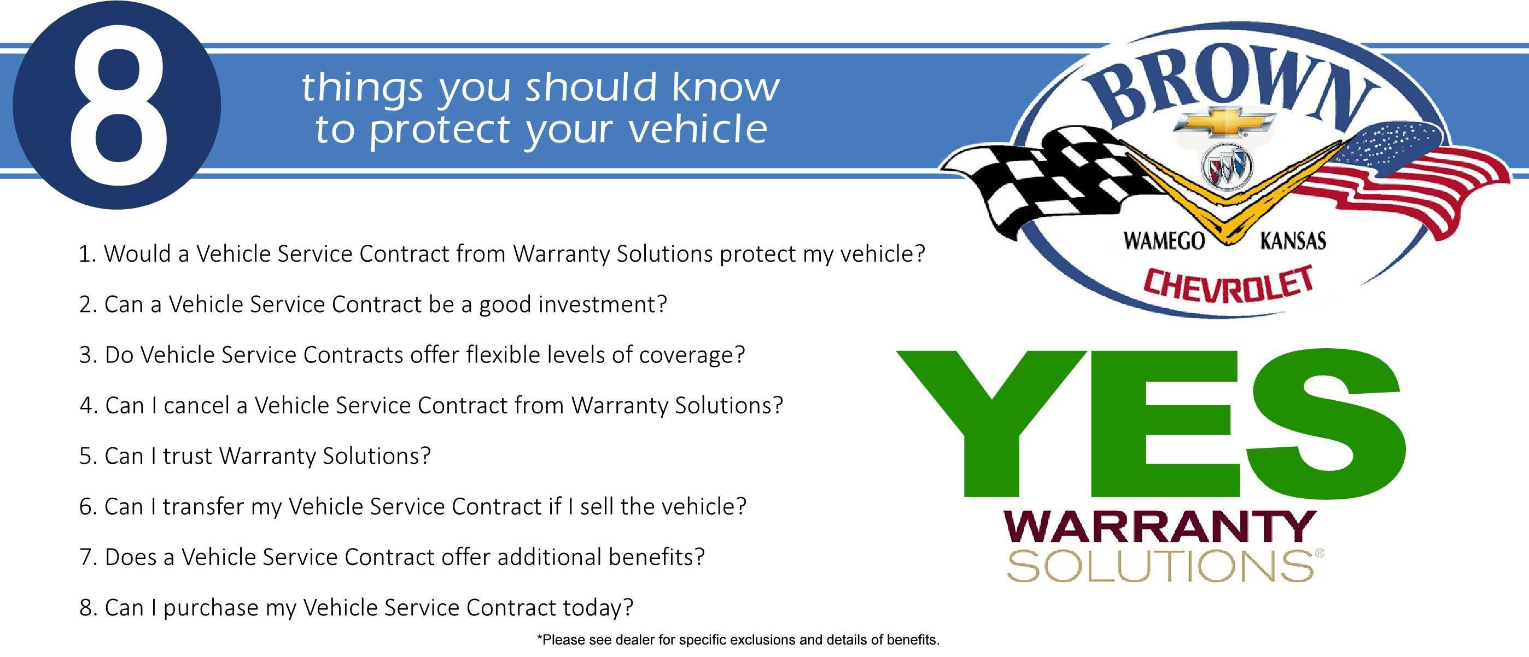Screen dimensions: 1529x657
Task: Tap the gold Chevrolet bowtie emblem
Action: tap(1224, 123)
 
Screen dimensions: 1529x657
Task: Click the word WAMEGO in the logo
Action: tap(1164, 241)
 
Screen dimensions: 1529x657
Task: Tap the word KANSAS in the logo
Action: tap(1293, 241)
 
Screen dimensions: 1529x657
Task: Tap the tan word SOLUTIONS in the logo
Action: tap(1160, 566)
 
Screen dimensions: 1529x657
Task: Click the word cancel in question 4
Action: tap(196, 405)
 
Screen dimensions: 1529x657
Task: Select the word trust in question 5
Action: tap(187, 456)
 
